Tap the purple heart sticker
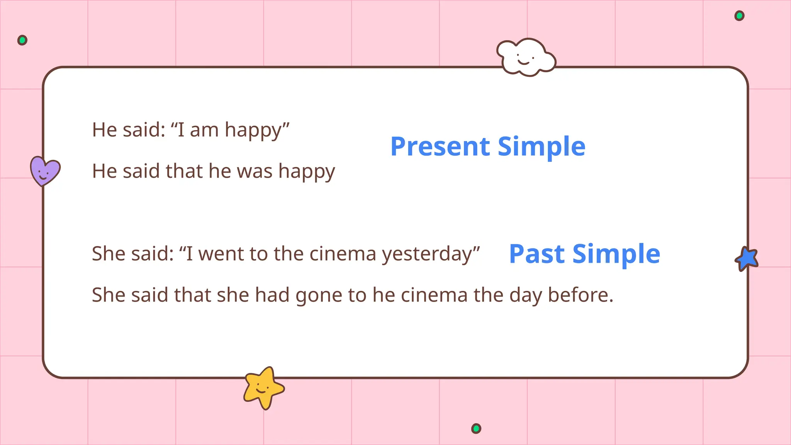click(x=45, y=171)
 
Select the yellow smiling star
click(x=263, y=387)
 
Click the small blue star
click(x=747, y=259)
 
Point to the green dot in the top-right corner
click(x=739, y=16)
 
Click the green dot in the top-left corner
click(x=22, y=40)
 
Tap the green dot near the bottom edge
click(x=476, y=428)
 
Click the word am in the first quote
click(x=204, y=130)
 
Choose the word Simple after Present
click(x=541, y=147)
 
